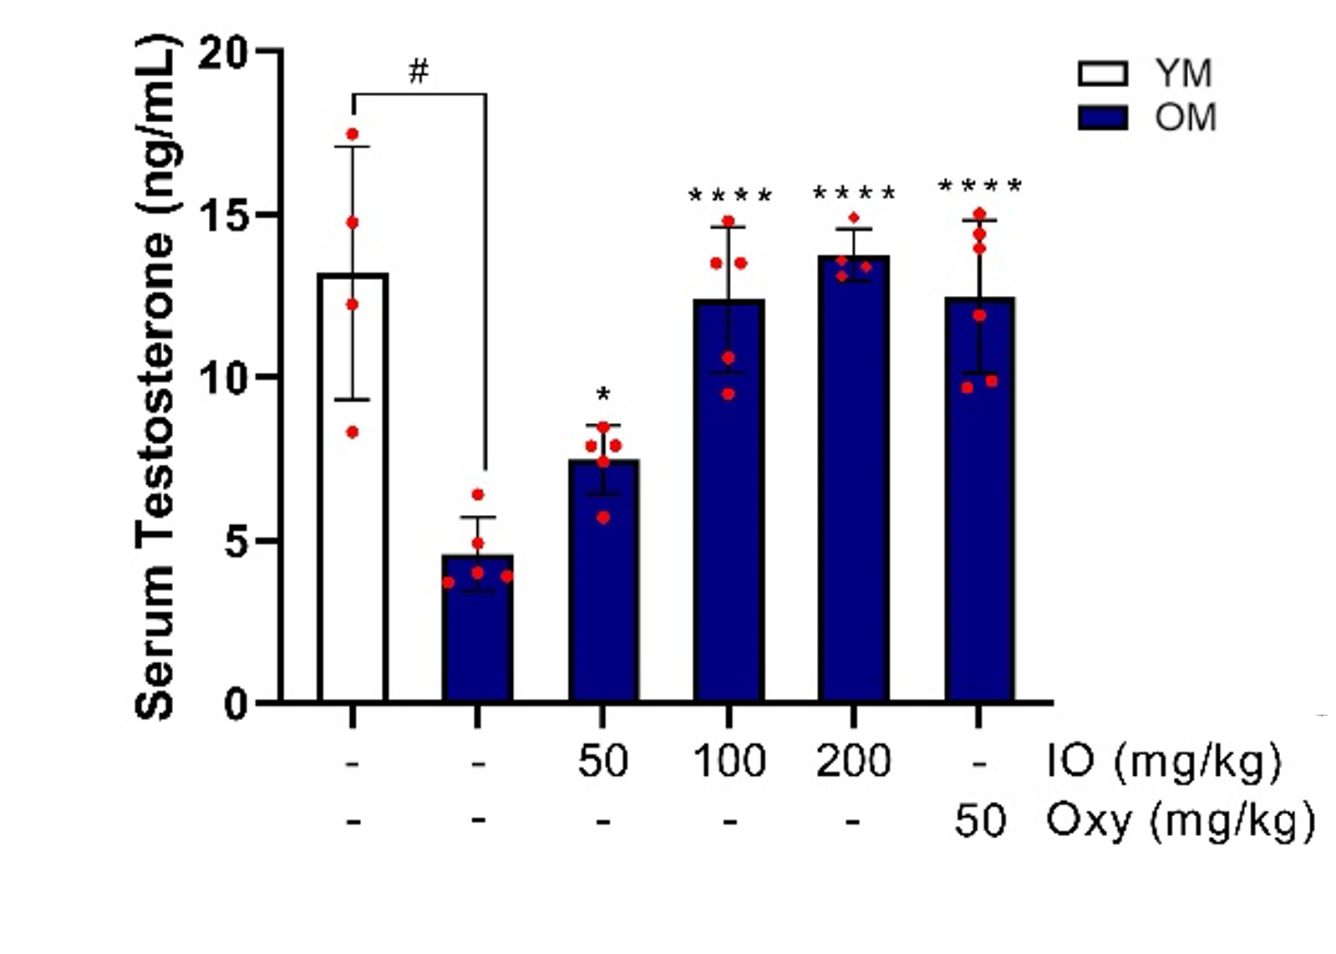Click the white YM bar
coord(352,502)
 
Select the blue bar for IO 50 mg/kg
coord(603,585)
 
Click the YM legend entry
coord(1145,74)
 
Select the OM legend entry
coord(1145,117)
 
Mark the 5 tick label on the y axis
coord(236,541)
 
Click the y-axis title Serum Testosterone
coord(155,376)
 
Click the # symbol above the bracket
coord(419,73)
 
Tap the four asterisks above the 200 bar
coord(853,194)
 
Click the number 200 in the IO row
coord(853,761)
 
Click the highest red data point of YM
coord(352,134)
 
